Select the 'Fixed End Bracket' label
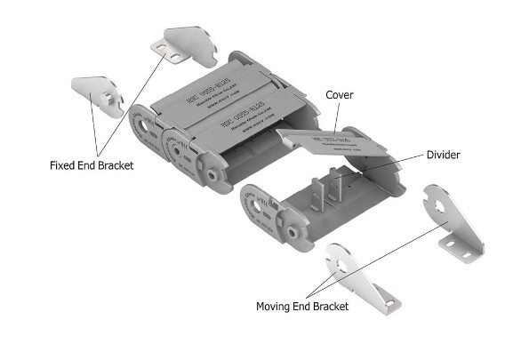(92, 165)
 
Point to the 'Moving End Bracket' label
(302, 306)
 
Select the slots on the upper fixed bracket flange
(172, 52)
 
